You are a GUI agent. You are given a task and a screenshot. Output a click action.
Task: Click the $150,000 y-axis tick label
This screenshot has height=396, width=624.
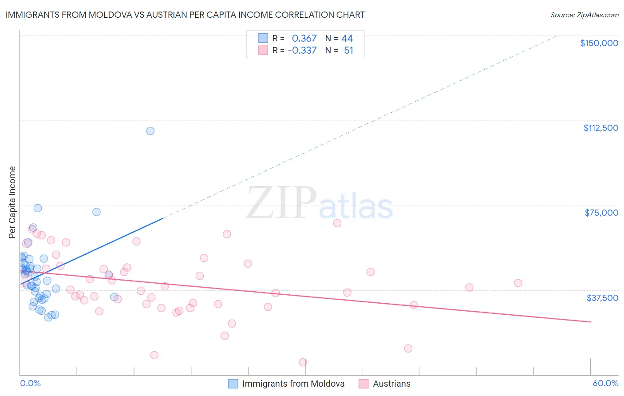point(599,43)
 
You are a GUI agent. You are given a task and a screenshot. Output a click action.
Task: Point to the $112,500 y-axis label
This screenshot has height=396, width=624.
point(600,128)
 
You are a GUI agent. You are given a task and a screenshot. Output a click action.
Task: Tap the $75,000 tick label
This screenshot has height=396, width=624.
point(601,213)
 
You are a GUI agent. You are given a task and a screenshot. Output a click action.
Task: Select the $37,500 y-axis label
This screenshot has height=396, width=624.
point(602,298)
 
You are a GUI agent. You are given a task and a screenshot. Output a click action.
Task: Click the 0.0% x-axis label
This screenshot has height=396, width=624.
point(30,384)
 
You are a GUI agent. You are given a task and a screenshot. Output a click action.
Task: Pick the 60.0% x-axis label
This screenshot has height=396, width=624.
point(605,384)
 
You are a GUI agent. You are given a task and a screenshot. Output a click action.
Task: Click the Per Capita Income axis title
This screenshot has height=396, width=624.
point(12,202)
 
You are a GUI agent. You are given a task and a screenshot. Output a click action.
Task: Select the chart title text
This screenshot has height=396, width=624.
point(185,15)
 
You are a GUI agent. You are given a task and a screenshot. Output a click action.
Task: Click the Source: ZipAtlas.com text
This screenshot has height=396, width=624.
point(584,15)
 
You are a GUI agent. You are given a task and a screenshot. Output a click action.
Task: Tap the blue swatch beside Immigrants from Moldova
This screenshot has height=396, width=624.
point(233,384)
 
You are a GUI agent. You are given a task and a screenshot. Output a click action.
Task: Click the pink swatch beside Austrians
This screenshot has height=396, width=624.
point(363,384)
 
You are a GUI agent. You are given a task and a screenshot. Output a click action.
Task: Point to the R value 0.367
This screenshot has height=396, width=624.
point(304,39)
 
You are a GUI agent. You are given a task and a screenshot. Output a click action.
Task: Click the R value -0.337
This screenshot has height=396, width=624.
point(302,51)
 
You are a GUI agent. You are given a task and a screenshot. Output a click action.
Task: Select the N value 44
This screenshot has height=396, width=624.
point(347,39)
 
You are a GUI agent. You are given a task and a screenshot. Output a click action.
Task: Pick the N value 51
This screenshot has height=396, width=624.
point(348,51)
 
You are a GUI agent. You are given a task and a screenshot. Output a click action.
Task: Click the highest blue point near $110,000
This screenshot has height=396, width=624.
point(150,131)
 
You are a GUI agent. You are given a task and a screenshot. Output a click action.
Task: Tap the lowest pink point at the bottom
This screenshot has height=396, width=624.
point(303,362)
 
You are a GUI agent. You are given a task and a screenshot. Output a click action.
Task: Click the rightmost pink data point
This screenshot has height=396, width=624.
point(518,283)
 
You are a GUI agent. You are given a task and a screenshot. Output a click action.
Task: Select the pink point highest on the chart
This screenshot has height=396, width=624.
point(337,223)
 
